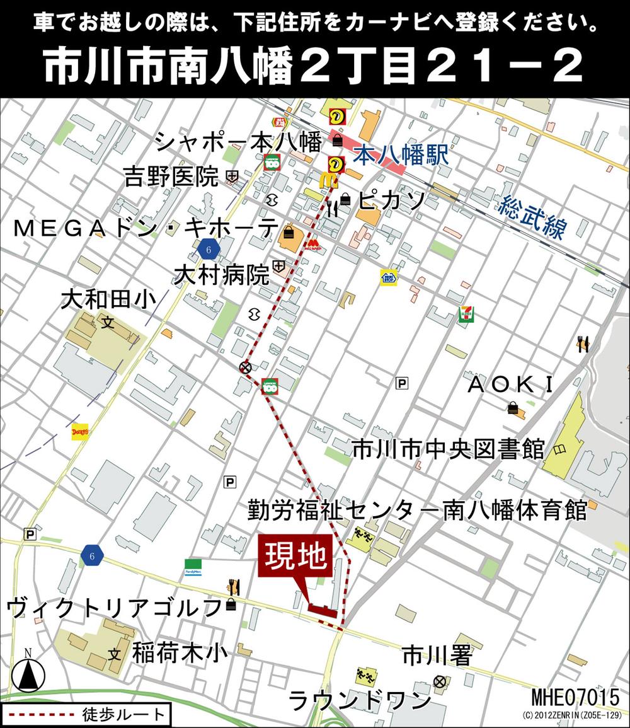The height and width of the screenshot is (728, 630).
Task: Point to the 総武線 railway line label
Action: click(532, 217)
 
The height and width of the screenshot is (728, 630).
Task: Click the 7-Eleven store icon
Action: click(466, 313)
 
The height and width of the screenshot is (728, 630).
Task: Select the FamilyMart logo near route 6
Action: click(193, 565)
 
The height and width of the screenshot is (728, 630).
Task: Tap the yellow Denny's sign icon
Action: click(80, 431)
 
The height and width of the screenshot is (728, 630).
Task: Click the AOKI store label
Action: click(510, 384)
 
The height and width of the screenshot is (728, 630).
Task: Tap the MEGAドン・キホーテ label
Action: click(146, 228)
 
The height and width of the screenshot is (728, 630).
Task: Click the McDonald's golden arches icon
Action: click(328, 180)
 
